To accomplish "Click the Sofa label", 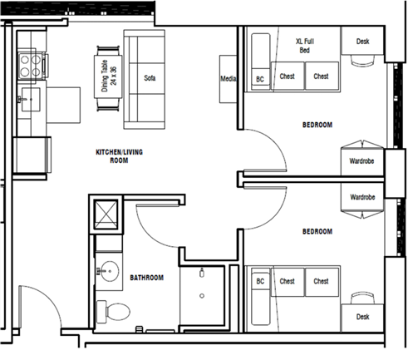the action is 150,78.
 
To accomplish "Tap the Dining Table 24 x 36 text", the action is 109,76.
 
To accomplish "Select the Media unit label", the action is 229,79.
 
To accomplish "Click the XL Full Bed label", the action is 305,46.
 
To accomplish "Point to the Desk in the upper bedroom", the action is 362,42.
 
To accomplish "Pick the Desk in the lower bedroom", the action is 362,318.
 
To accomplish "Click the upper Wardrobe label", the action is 361,161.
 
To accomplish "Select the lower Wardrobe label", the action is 362,197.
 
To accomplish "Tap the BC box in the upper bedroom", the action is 260,79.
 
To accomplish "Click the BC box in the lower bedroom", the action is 260,281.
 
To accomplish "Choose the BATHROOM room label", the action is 147,278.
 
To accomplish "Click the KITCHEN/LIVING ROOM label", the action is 119,156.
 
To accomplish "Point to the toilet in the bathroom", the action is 114,312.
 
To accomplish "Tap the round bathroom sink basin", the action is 110,271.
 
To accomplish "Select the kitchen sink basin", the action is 31,100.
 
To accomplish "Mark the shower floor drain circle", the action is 202,296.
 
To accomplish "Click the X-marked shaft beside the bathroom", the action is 106,215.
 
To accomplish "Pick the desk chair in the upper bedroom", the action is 362,61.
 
